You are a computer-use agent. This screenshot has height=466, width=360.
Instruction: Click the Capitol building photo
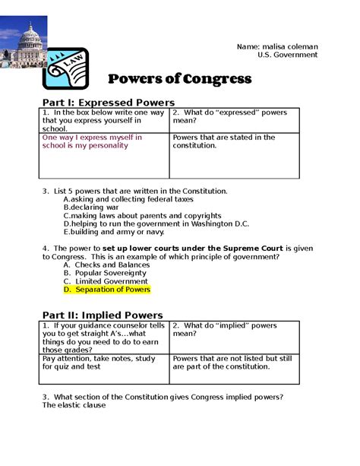pos(24,41)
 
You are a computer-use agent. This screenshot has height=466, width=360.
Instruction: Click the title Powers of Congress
pos(179,78)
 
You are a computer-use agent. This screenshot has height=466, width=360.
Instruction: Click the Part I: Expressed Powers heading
pos(109,102)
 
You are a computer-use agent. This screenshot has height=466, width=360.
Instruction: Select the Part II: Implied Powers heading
pos(103,315)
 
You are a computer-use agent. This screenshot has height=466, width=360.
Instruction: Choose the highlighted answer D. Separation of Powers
pos(107,290)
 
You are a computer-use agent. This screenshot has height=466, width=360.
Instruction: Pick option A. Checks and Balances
pos(106,265)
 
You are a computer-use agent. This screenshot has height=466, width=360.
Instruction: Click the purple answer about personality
pos(92,141)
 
